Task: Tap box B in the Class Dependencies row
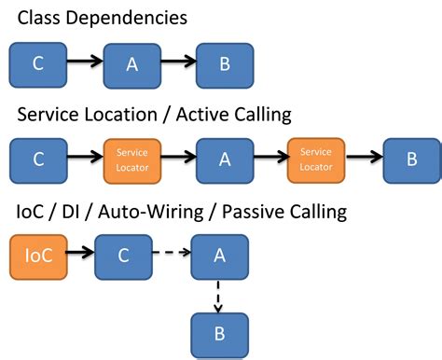(224, 64)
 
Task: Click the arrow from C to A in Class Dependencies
(83, 62)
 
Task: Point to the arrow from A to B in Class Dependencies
(177, 63)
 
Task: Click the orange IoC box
(36, 254)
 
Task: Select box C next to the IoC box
(122, 254)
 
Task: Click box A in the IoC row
(219, 254)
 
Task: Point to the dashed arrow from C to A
(171, 253)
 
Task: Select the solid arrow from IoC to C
(79, 252)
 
